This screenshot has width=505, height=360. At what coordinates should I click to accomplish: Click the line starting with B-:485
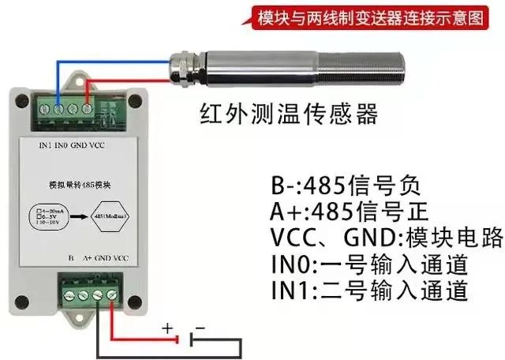point(341,188)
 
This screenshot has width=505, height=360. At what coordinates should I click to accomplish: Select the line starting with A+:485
point(341,213)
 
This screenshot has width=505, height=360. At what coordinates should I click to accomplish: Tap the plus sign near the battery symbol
point(167,327)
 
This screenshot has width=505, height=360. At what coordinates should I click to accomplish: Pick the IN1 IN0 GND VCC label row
point(72,145)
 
